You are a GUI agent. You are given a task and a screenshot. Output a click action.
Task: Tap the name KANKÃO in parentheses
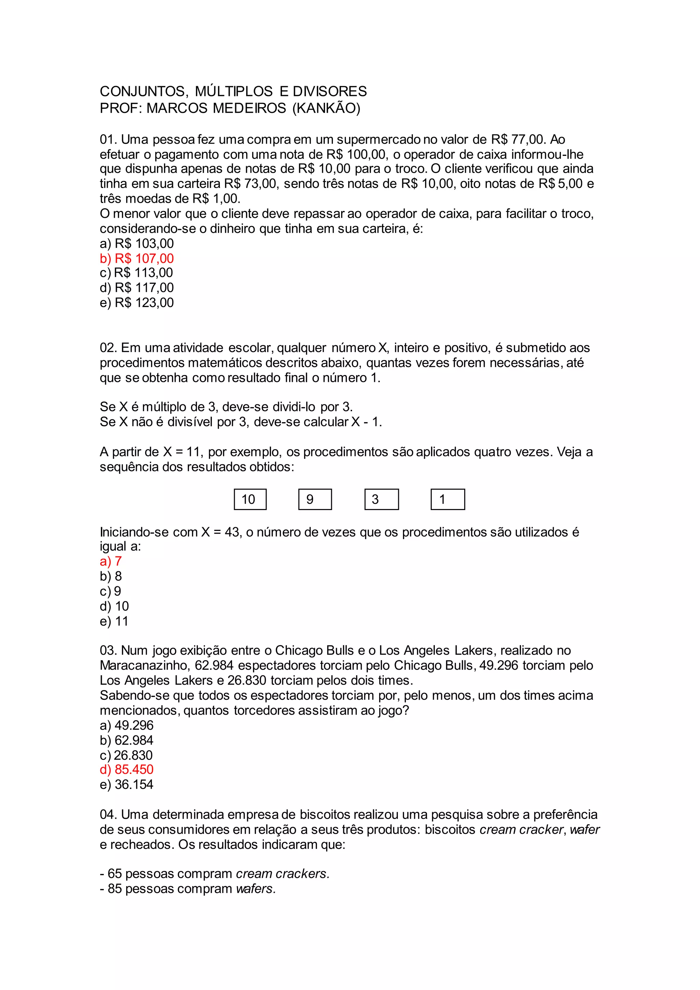pos(326,108)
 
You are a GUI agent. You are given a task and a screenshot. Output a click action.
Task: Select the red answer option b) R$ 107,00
pos(137,258)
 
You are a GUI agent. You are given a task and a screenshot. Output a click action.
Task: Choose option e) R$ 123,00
pos(137,303)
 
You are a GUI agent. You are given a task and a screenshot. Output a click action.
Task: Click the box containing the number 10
pos(250,499)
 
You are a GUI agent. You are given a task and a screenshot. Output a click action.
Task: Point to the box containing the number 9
pos(315,499)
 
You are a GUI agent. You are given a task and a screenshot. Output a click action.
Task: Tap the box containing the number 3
pos(381,499)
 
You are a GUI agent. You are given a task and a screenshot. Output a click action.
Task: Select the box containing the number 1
pos(447,499)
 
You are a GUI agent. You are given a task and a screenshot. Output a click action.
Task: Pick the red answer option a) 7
pos(111,561)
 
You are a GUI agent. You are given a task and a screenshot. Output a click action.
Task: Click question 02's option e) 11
pos(114,621)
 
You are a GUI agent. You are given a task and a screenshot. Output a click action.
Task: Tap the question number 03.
pos(108,651)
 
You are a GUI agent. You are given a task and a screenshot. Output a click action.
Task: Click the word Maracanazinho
pos(145,666)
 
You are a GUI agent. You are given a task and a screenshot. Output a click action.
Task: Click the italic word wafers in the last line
pos(256,889)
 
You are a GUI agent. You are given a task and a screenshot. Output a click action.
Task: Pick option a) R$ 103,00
pos(137,244)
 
